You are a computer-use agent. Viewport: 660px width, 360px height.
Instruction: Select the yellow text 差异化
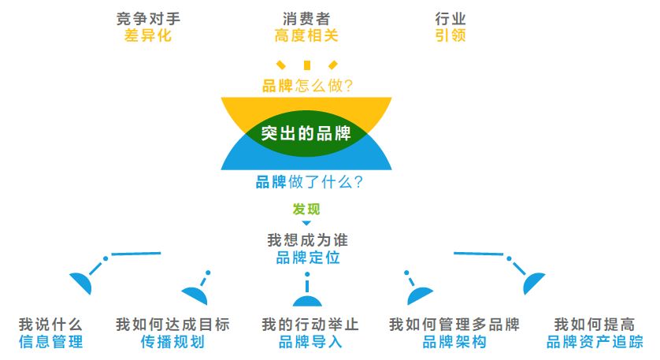[147, 35]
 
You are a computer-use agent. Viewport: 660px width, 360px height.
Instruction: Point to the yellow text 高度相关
[306, 35]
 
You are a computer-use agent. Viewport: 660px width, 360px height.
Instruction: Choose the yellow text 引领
[450, 35]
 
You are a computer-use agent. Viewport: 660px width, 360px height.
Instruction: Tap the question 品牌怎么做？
[307, 85]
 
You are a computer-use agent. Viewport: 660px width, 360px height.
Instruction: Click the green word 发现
[306, 209]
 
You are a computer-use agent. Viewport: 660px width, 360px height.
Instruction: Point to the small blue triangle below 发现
[306, 224]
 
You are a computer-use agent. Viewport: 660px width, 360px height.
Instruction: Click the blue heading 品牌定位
[307, 258]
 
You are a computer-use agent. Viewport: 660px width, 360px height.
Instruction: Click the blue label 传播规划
[172, 342]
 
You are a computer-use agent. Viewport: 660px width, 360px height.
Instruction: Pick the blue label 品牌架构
[454, 342]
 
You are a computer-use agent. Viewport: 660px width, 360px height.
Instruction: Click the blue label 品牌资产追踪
[595, 342]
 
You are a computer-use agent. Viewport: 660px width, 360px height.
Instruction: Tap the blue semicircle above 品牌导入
[307, 300]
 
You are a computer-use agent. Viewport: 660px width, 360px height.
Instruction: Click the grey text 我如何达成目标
[172, 325]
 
